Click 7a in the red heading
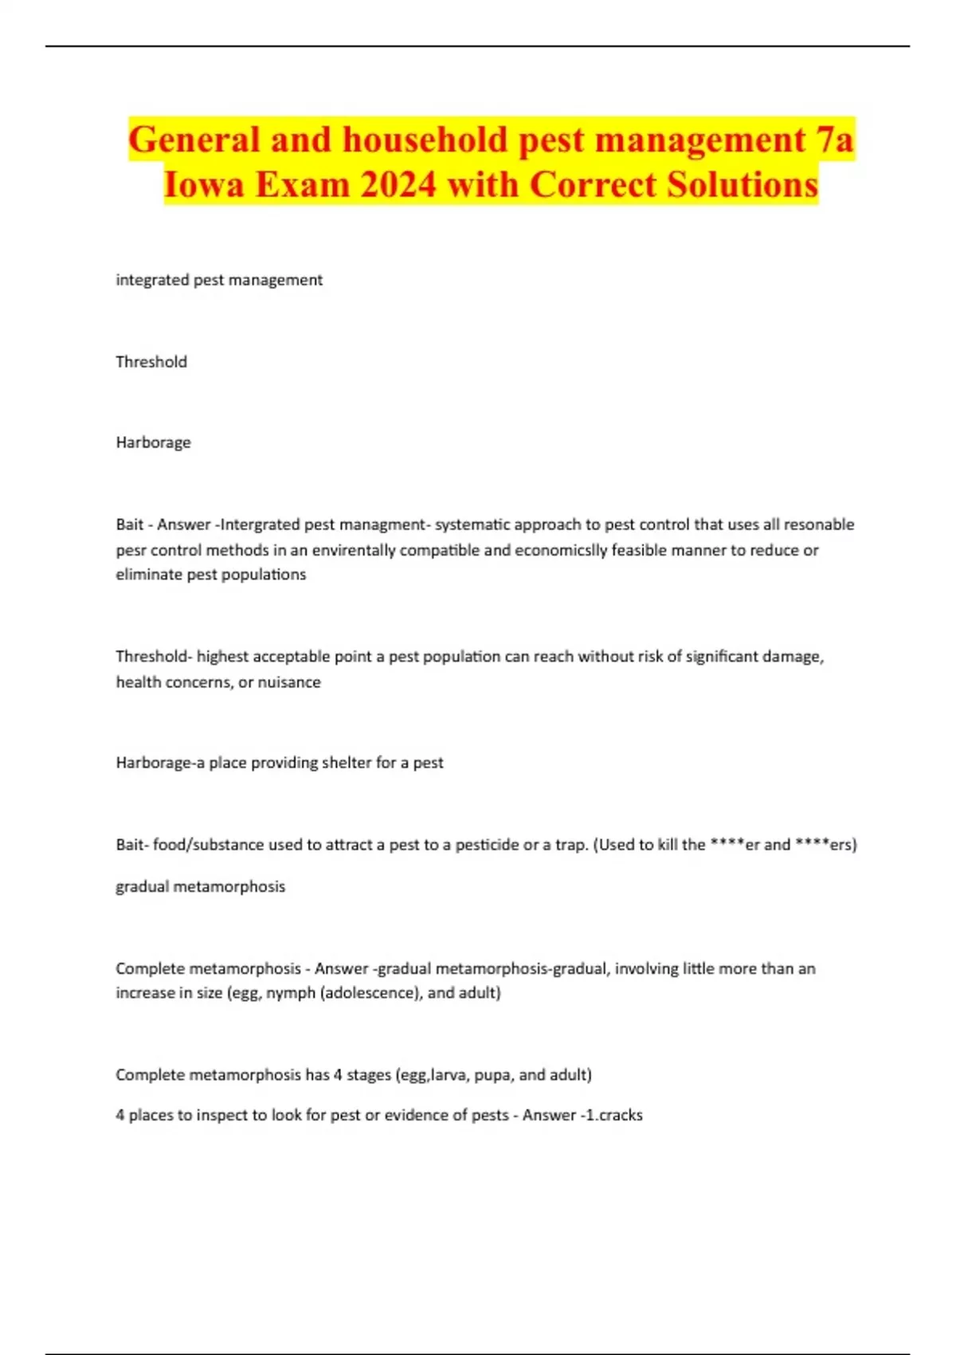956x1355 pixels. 834,140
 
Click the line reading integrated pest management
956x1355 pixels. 219,280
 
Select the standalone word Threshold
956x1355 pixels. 151,362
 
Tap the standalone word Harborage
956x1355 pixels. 153,442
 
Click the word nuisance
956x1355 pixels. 289,682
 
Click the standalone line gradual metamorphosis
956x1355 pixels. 200,886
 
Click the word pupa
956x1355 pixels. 492,1075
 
